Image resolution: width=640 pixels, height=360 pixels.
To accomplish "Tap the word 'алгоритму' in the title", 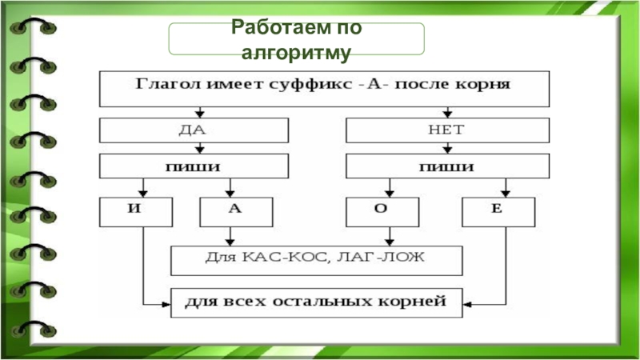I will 296,53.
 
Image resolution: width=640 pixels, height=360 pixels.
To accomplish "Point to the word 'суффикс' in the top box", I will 309,83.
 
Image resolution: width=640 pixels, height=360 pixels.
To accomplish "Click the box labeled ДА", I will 194,130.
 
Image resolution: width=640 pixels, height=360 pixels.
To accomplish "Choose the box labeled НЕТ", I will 447,130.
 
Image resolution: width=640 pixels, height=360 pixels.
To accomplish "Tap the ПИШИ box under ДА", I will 194,166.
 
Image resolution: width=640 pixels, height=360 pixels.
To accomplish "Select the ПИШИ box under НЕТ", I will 447,166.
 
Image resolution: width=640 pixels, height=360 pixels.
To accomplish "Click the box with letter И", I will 136,212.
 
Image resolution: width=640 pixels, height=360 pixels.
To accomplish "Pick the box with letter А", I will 234,212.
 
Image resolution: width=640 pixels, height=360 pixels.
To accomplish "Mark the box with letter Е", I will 499,212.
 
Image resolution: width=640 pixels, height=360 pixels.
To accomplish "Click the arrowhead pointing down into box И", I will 142,193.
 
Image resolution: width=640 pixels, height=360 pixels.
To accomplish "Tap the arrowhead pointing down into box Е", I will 505,193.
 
